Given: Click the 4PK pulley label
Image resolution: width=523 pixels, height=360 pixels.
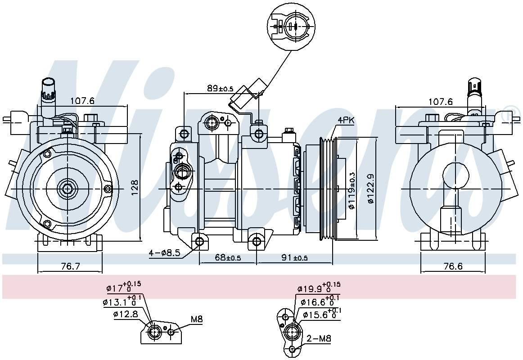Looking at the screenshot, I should coord(346,120).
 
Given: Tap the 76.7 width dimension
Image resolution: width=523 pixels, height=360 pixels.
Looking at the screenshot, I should coord(70,266).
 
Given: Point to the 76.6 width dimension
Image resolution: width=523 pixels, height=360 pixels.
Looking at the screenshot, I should coord(453,266).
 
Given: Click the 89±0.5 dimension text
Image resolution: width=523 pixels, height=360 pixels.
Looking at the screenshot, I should coord(220,89).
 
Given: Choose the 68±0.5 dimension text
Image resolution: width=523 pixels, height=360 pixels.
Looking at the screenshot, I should coord(228,257).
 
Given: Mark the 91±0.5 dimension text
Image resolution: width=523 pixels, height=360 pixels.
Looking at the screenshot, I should coord(294,257).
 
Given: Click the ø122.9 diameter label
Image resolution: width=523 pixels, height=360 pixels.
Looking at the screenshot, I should coord(371,189).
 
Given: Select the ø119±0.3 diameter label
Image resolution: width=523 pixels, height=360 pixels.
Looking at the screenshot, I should coord(352,190).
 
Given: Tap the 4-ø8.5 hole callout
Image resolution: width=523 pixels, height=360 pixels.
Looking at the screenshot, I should coord(165,253).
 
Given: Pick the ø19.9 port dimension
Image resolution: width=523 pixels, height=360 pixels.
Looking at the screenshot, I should coord(318,288).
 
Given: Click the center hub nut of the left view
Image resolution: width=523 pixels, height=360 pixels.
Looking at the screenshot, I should coord(68,189).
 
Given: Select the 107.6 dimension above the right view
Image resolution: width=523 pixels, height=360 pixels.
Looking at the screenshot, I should coord(440,102).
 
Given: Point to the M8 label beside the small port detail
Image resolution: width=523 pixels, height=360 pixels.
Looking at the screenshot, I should coord(197,319).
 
